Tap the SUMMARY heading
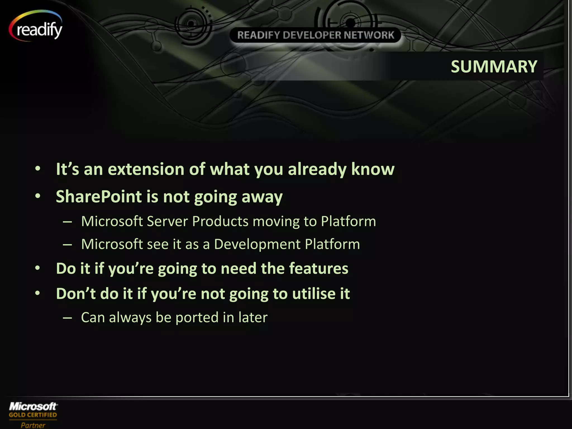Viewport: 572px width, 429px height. (x=494, y=66)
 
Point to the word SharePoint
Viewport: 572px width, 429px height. (x=98, y=196)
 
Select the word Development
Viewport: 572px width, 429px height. (x=257, y=244)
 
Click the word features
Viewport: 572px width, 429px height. (x=318, y=268)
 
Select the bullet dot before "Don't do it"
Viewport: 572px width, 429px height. (x=38, y=293)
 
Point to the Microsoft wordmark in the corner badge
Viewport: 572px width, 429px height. (x=33, y=406)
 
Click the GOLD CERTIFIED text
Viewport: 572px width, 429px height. (x=33, y=415)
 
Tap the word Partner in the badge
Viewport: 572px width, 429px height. (x=33, y=425)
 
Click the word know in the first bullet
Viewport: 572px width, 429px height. (x=373, y=169)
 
